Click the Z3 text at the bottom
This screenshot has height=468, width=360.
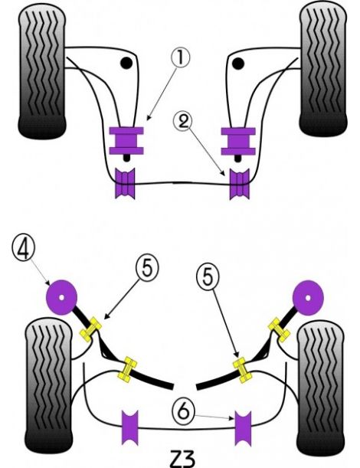(178, 457)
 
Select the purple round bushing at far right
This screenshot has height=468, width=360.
(308, 295)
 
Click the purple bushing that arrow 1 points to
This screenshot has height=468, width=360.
(128, 138)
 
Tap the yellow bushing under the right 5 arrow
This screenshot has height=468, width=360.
(244, 369)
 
